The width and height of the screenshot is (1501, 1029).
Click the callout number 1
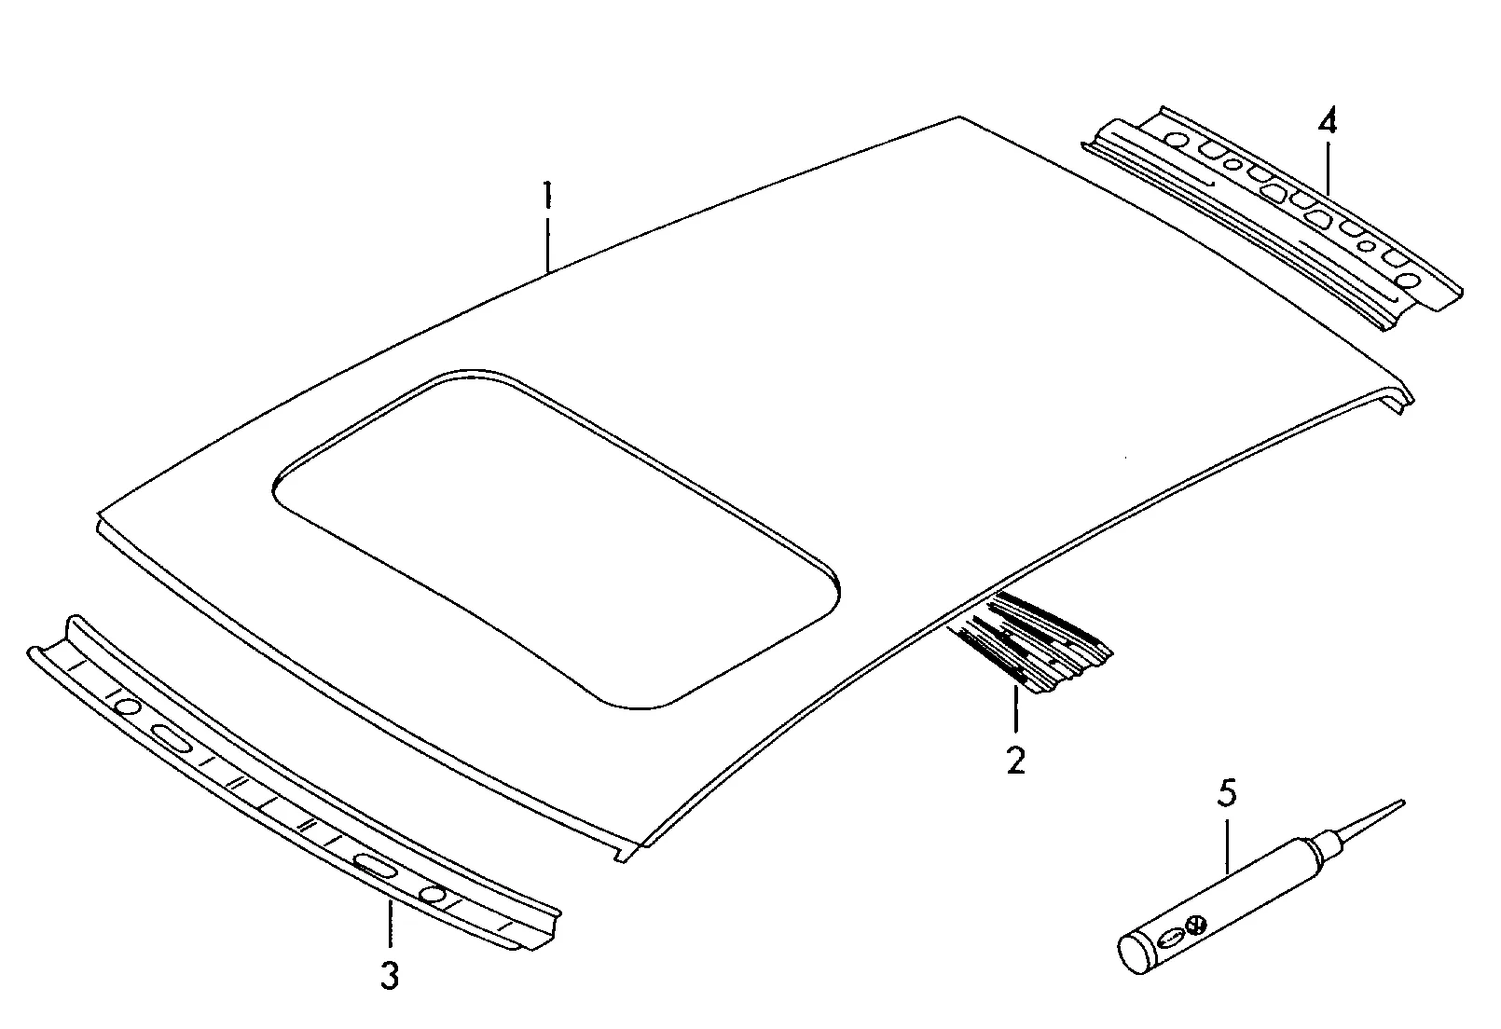(x=548, y=194)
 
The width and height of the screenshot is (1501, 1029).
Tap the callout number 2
(x=1016, y=760)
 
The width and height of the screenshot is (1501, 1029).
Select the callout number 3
(x=390, y=975)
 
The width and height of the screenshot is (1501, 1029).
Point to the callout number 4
(x=1327, y=121)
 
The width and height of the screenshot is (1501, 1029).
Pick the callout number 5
(x=1227, y=792)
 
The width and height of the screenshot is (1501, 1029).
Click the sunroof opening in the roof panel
(x=557, y=540)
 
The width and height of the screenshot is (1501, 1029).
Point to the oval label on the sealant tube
(x=1170, y=939)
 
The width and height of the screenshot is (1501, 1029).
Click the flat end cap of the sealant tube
(x=1133, y=956)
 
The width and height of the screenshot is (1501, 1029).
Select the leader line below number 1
(x=548, y=244)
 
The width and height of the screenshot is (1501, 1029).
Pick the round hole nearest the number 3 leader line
(x=433, y=895)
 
